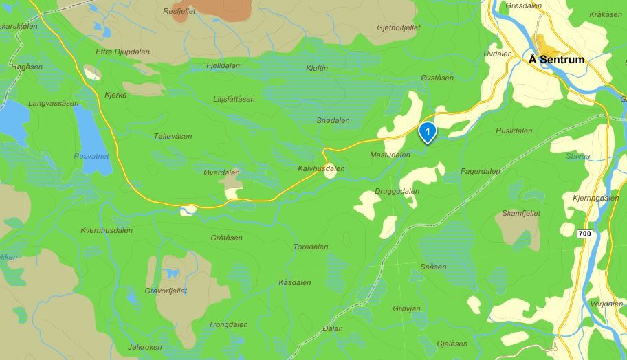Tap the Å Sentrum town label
[557, 60]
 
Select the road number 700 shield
[585, 234]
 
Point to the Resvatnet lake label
[91, 157]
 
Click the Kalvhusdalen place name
[321, 168]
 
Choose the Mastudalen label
[390, 155]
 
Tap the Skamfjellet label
[520, 214]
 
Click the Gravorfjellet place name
[166, 291]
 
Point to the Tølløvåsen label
[173, 136]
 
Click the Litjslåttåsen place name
[234, 100]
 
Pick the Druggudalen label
[397, 191]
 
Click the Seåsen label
[433, 267]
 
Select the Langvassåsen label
[54, 103]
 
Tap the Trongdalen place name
[228, 325]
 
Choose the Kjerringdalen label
[595, 198]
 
